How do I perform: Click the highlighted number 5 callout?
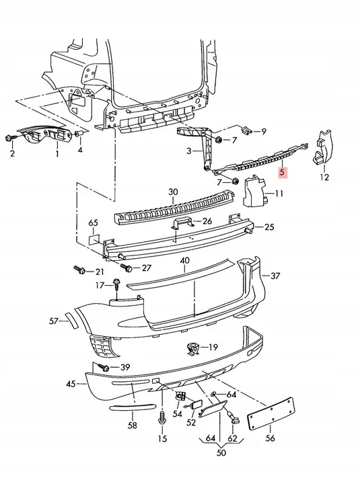pos(283,172)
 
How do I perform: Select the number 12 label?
pos(324,177)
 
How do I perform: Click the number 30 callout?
pos(173,192)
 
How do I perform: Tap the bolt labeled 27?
pos(127,268)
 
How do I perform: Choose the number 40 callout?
pos(185,260)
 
